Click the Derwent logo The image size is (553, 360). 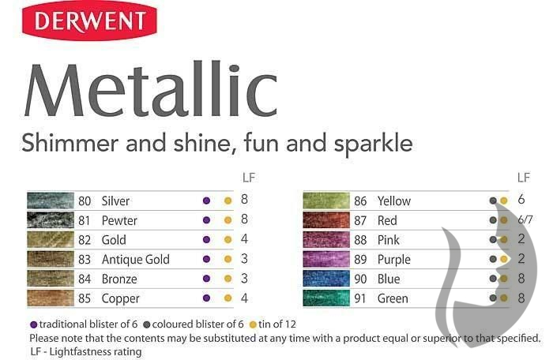coord(89,21)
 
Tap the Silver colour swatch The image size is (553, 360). coord(51,201)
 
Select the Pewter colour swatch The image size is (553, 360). coord(51,220)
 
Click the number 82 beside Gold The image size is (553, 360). coord(85,240)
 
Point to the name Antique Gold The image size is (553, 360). coord(136,260)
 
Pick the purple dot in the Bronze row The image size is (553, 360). coord(207,279)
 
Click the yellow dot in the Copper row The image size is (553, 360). coord(228,298)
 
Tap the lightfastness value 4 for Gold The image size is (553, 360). coord(244,239)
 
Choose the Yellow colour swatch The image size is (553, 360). coord(326,201)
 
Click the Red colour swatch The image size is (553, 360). coord(326,220)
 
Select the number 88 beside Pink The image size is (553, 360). coord(360,240)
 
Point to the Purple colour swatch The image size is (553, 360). coord(326,259)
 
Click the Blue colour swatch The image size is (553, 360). coord(326,279)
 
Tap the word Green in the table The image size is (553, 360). coord(393,298)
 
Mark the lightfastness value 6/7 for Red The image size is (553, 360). coord(525,219)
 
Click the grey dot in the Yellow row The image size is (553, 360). coord(493,201)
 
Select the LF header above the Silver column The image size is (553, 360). coord(249,178)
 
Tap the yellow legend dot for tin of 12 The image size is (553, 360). coord(253,324)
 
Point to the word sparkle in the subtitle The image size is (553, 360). coord(374,144)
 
